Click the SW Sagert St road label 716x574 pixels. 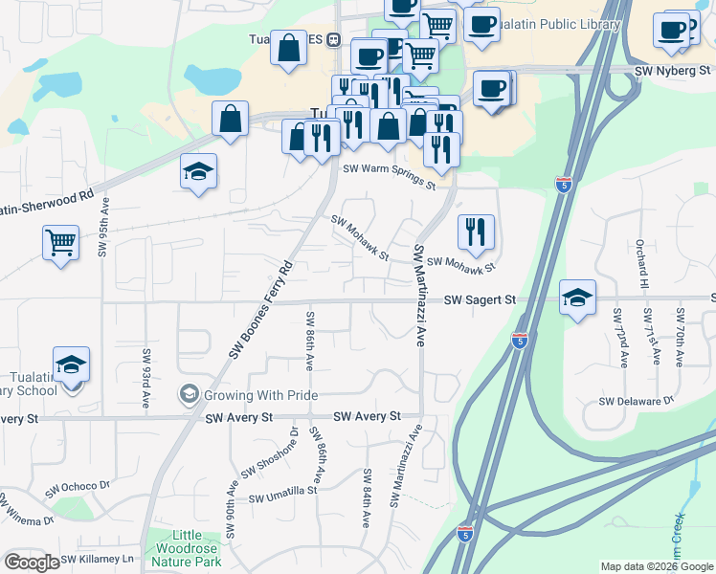coord(480,300)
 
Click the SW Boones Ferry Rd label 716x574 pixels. coord(260,310)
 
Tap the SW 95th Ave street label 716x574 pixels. coord(103,228)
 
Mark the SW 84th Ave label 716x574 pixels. coord(367,497)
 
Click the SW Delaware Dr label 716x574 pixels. coord(637,400)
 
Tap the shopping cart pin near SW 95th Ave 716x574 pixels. coord(59,242)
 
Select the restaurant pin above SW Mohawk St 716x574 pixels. coord(475,231)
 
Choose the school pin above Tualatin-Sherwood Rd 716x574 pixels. coord(199,171)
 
